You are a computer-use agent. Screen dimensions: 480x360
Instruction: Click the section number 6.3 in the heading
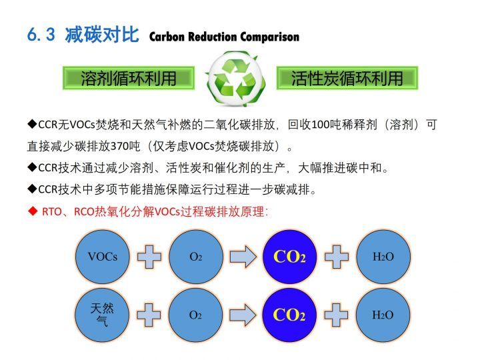(x=41, y=34)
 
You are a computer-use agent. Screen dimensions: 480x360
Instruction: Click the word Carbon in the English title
(x=167, y=37)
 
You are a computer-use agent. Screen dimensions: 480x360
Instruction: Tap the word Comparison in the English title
(x=270, y=37)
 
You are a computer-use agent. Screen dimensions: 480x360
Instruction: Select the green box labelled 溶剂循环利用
(x=129, y=78)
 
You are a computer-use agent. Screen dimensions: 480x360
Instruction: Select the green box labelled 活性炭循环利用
(x=347, y=78)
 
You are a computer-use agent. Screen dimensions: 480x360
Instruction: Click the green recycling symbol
(x=235, y=79)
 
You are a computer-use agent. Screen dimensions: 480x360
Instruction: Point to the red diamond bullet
(x=32, y=211)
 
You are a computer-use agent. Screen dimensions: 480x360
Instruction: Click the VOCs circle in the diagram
(x=102, y=257)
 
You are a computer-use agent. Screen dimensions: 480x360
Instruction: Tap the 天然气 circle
(x=102, y=315)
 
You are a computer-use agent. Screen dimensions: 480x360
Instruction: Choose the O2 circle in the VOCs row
(x=196, y=257)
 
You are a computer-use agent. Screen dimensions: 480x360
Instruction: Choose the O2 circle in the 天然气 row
(x=195, y=315)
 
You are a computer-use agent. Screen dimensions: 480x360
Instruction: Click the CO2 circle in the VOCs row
(x=289, y=257)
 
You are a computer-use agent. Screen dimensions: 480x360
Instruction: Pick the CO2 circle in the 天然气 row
(x=289, y=315)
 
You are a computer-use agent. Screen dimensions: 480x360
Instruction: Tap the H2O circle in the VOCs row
(x=383, y=257)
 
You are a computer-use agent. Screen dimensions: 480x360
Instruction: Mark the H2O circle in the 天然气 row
(x=383, y=315)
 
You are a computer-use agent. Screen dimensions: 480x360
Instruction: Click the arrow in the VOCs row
(x=243, y=257)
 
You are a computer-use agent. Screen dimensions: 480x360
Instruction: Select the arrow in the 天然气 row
(x=243, y=315)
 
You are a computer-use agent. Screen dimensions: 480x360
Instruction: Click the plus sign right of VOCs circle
(x=149, y=257)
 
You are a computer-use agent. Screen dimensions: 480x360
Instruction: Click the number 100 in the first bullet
(x=320, y=125)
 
